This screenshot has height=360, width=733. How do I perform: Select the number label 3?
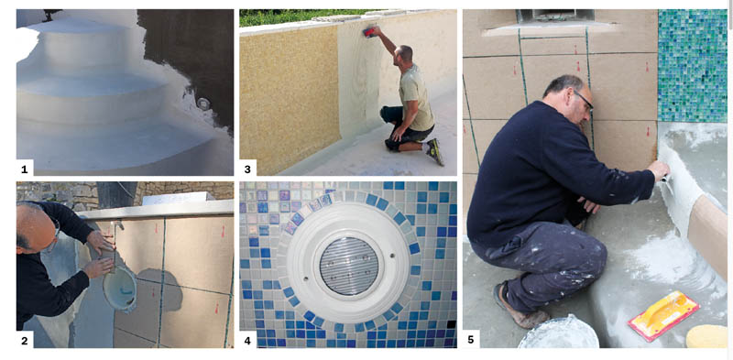(x=246, y=168)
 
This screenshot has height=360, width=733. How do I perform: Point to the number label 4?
(x=246, y=341)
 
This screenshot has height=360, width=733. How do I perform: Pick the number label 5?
(x=470, y=341)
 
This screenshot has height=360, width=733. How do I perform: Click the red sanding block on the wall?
(x=369, y=32)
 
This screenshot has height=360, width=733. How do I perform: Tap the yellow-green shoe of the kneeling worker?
(x=435, y=151)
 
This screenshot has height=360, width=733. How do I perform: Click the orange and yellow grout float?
(x=663, y=315)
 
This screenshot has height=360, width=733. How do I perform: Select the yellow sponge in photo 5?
(x=706, y=336)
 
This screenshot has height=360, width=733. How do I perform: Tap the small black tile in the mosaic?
(x=451, y=324)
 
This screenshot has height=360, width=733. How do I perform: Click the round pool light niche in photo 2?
(x=120, y=289)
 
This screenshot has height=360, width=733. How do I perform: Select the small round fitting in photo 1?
(x=203, y=104)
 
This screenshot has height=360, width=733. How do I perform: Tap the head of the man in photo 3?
(x=404, y=56)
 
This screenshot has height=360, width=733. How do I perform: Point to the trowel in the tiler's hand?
(x=666, y=182)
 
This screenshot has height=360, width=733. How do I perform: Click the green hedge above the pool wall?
(x=300, y=17)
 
